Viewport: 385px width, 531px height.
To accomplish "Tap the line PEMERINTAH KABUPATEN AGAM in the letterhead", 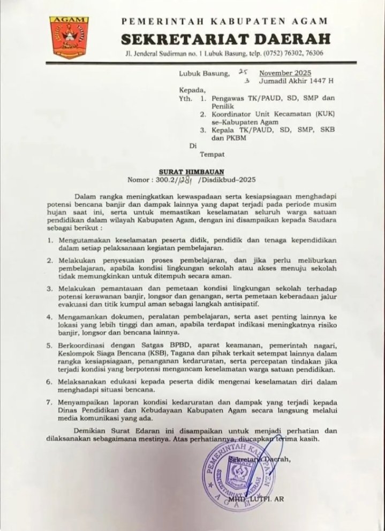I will point(224,21).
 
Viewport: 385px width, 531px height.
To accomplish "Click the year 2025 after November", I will point(306,73).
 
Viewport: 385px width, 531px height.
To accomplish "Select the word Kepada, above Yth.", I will point(191,90).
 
